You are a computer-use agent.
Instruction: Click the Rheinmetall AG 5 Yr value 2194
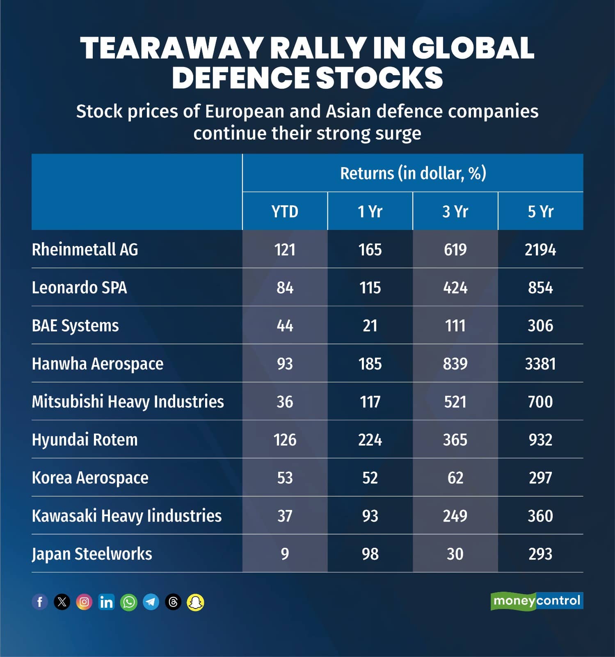click(540, 250)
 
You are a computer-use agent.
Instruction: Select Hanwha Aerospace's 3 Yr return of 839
click(455, 364)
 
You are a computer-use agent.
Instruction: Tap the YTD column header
click(285, 211)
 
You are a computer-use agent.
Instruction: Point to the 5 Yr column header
click(540, 211)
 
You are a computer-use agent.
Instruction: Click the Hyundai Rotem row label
click(85, 440)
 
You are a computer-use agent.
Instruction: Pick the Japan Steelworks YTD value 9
click(285, 554)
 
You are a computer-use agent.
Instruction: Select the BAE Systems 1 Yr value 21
click(370, 326)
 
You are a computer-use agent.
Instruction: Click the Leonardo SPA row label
click(80, 287)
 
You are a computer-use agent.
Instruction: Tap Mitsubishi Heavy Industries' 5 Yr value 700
click(540, 402)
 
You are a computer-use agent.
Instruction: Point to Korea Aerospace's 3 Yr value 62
click(455, 478)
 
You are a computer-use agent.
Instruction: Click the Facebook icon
click(40, 602)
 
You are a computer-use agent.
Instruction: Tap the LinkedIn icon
click(106, 602)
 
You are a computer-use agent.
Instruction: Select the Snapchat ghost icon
click(195, 602)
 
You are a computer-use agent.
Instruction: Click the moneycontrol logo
click(537, 601)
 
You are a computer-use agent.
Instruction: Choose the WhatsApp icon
click(129, 602)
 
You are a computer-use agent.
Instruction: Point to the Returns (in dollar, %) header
click(413, 173)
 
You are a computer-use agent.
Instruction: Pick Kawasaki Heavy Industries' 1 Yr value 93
click(370, 516)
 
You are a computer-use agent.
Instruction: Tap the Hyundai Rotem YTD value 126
click(285, 440)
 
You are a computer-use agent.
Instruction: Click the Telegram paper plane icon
click(151, 602)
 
